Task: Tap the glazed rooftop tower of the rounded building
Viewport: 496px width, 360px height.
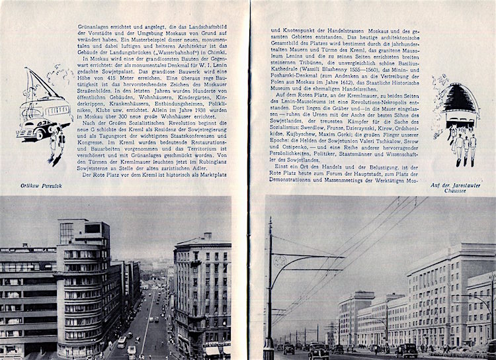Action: pos(69,232)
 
